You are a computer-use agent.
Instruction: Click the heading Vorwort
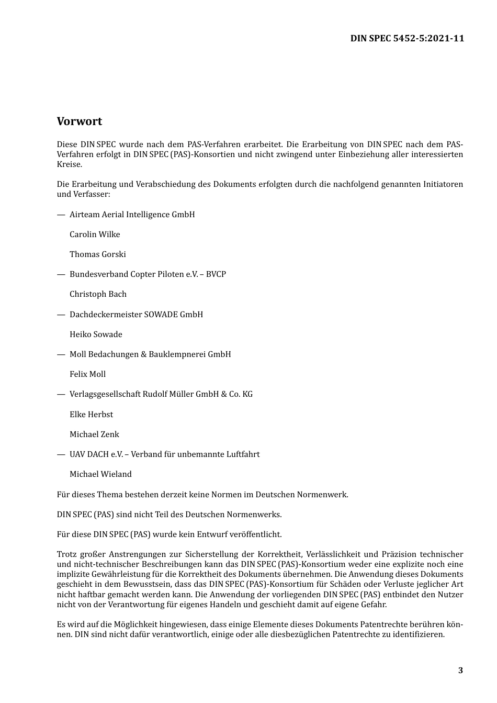[x=80, y=121]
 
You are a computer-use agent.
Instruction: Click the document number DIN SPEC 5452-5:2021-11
[x=407, y=38]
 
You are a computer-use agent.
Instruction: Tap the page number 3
[x=460, y=671]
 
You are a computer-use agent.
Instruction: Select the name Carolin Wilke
[x=95, y=235]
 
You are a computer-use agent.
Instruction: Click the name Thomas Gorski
[x=98, y=254]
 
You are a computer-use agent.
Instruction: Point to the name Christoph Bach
[x=98, y=294]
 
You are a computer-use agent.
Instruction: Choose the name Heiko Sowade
[x=96, y=334]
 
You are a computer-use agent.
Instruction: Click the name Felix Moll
[x=87, y=374]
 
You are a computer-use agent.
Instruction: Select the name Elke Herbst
[x=91, y=415]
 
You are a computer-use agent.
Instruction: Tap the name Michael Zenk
[x=94, y=434]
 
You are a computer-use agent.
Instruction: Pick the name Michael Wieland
[x=100, y=474]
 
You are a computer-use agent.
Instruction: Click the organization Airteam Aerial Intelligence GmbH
[x=132, y=215]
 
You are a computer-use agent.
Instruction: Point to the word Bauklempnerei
[x=177, y=354]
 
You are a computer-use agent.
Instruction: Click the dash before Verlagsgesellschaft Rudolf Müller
[x=61, y=394]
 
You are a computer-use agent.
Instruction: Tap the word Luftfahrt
[x=242, y=454]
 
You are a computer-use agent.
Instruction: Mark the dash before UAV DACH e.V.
[x=61, y=454]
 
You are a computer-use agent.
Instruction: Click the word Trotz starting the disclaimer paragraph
[x=67, y=554]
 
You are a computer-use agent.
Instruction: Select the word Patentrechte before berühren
[x=386, y=624]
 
